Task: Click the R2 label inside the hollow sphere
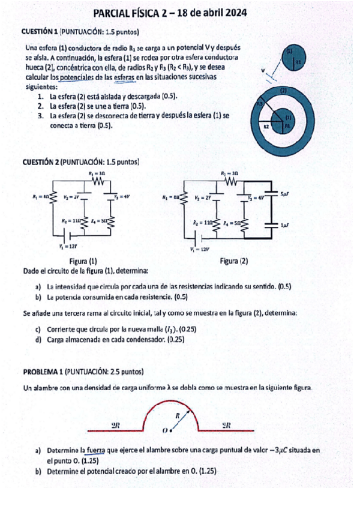tap(266, 127)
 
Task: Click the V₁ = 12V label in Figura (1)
tap(68, 246)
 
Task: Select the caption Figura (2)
tap(234, 261)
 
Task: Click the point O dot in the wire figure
tap(172, 430)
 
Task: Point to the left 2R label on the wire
tap(116, 426)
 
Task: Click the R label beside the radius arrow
tap(178, 415)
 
